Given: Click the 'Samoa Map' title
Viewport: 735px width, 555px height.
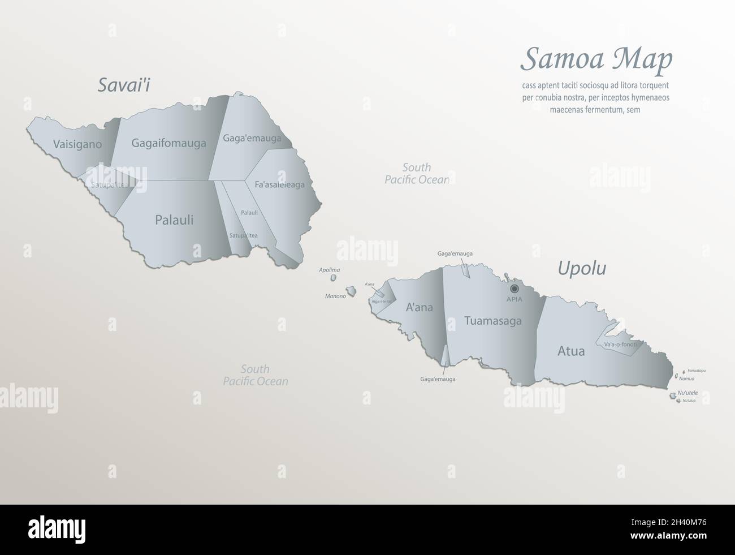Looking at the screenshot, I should click(596, 59).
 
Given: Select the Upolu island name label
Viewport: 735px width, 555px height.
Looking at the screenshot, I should click(582, 268).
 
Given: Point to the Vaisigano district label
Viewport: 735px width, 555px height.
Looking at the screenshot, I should click(77, 144).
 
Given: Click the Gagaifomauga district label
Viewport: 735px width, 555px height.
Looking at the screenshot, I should click(168, 143).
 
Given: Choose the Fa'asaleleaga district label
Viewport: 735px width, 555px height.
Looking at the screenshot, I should click(279, 184).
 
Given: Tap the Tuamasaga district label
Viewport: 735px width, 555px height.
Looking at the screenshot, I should click(492, 321).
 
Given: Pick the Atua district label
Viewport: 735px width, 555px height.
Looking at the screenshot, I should click(571, 351).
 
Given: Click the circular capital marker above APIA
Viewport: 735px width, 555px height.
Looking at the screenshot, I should click(514, 289).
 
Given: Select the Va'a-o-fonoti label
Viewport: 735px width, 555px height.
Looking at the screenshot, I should click(620, 344).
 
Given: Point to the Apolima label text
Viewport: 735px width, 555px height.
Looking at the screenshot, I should click(330, 270).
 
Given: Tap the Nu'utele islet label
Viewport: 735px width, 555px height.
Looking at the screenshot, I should click(688, 393).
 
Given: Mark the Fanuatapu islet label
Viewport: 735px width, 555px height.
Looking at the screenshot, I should click(697, 371).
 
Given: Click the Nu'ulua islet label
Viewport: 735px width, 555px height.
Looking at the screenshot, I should click(689, 401).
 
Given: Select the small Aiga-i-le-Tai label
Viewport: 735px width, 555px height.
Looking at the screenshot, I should click(382, 302).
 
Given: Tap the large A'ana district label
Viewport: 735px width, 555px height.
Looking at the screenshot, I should click(420, 308).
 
